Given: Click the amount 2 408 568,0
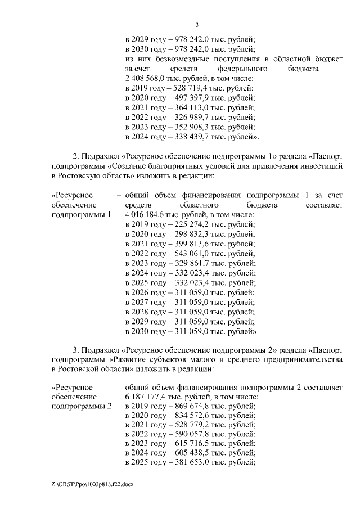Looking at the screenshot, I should (x=147, y=79).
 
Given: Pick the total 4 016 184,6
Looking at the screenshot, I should (x=147, y=214).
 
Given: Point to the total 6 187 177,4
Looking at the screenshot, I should (x=147, y=396).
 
